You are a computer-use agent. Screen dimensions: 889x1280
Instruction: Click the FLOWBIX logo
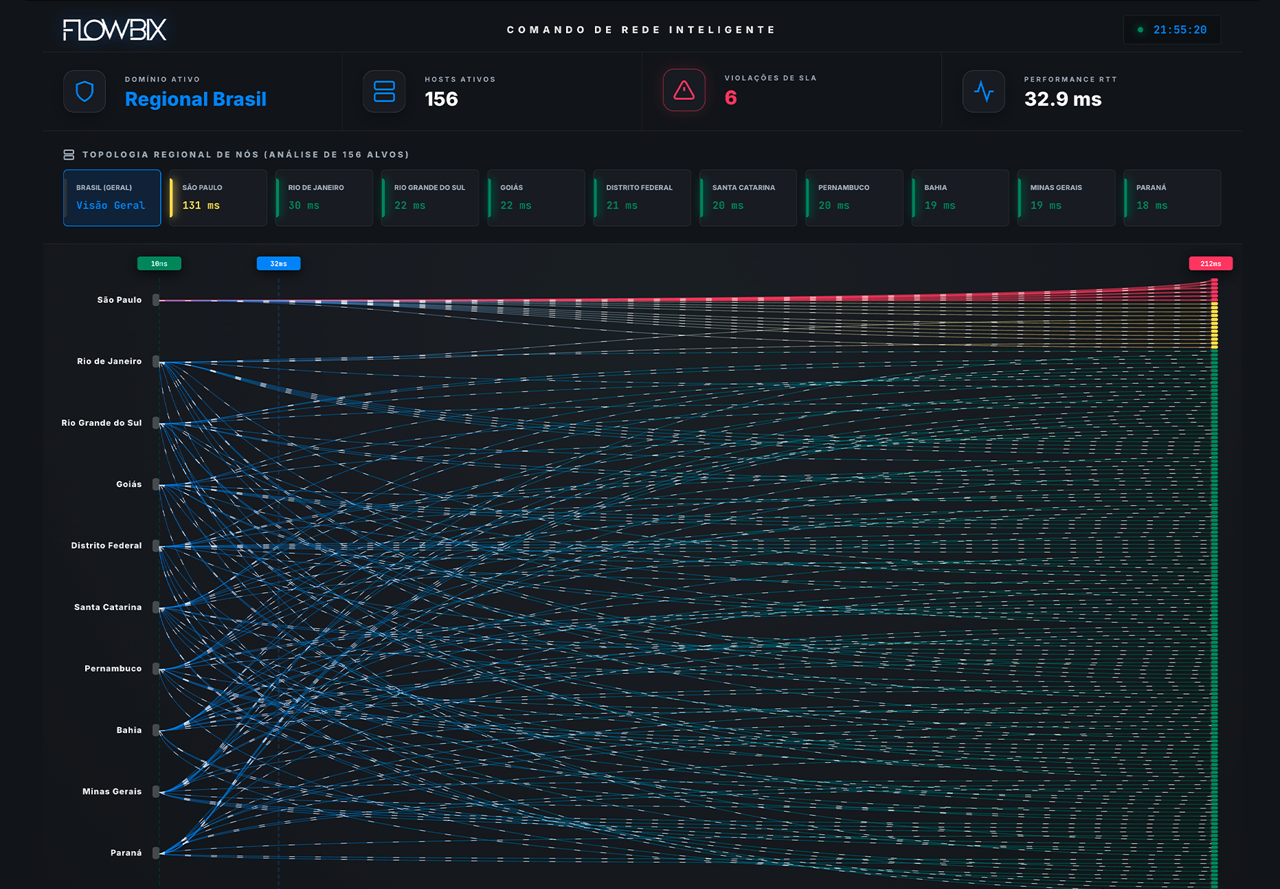[115, 30]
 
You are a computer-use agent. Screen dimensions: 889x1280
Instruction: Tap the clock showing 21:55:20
[1179, 30]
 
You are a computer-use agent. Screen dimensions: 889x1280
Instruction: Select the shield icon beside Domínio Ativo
[85, 91]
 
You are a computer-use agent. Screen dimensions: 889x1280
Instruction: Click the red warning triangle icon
[684, 90]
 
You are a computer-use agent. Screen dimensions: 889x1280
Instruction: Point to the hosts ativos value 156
[441, 99]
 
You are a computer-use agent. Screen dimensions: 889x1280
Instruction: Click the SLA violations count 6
[730, 98]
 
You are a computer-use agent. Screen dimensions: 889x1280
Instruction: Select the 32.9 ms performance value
[1062, 99]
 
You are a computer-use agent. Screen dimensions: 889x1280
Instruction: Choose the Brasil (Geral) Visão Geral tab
[112, 198]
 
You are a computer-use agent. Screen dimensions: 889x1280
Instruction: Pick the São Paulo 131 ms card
[218, 198]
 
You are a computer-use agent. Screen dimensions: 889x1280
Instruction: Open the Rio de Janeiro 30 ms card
[324, 198]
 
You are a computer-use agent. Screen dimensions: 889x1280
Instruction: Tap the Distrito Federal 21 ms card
[642, 198]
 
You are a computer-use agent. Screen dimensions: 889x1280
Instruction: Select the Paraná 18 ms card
[1172, 198]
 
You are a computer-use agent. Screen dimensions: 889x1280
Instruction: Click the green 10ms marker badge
[159, 264]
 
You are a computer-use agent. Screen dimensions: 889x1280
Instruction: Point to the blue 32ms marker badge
[278, 264]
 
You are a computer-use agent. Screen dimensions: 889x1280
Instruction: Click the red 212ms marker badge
[1211, 264]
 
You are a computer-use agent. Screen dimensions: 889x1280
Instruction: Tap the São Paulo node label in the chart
[120, 300]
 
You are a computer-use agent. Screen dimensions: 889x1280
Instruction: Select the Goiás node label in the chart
[129, 484]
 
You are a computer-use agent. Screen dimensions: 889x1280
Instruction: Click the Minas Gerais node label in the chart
[112, 791]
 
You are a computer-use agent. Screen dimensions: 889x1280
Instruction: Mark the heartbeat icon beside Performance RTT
[984, 91]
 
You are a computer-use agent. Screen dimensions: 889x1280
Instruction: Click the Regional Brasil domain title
[196, 100]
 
